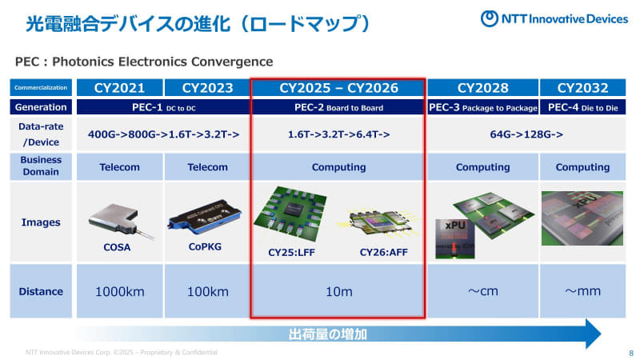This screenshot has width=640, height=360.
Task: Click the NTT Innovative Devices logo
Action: pos(553,18)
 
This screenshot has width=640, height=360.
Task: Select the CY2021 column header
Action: pos(120,87)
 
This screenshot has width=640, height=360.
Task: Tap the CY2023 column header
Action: pos(207,87)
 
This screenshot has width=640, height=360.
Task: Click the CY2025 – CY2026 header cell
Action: pos(338,87)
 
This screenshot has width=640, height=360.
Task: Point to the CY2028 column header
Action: pos(482,87)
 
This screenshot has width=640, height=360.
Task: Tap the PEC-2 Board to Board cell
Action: pos(338,107)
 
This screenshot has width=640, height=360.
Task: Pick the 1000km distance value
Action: pos(120,290)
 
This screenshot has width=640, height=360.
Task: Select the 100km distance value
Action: pos(207,290)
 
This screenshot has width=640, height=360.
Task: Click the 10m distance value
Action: pos(338,290)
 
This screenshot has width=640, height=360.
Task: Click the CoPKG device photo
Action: pos(207,212)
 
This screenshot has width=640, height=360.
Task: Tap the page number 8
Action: pos(630,353)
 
